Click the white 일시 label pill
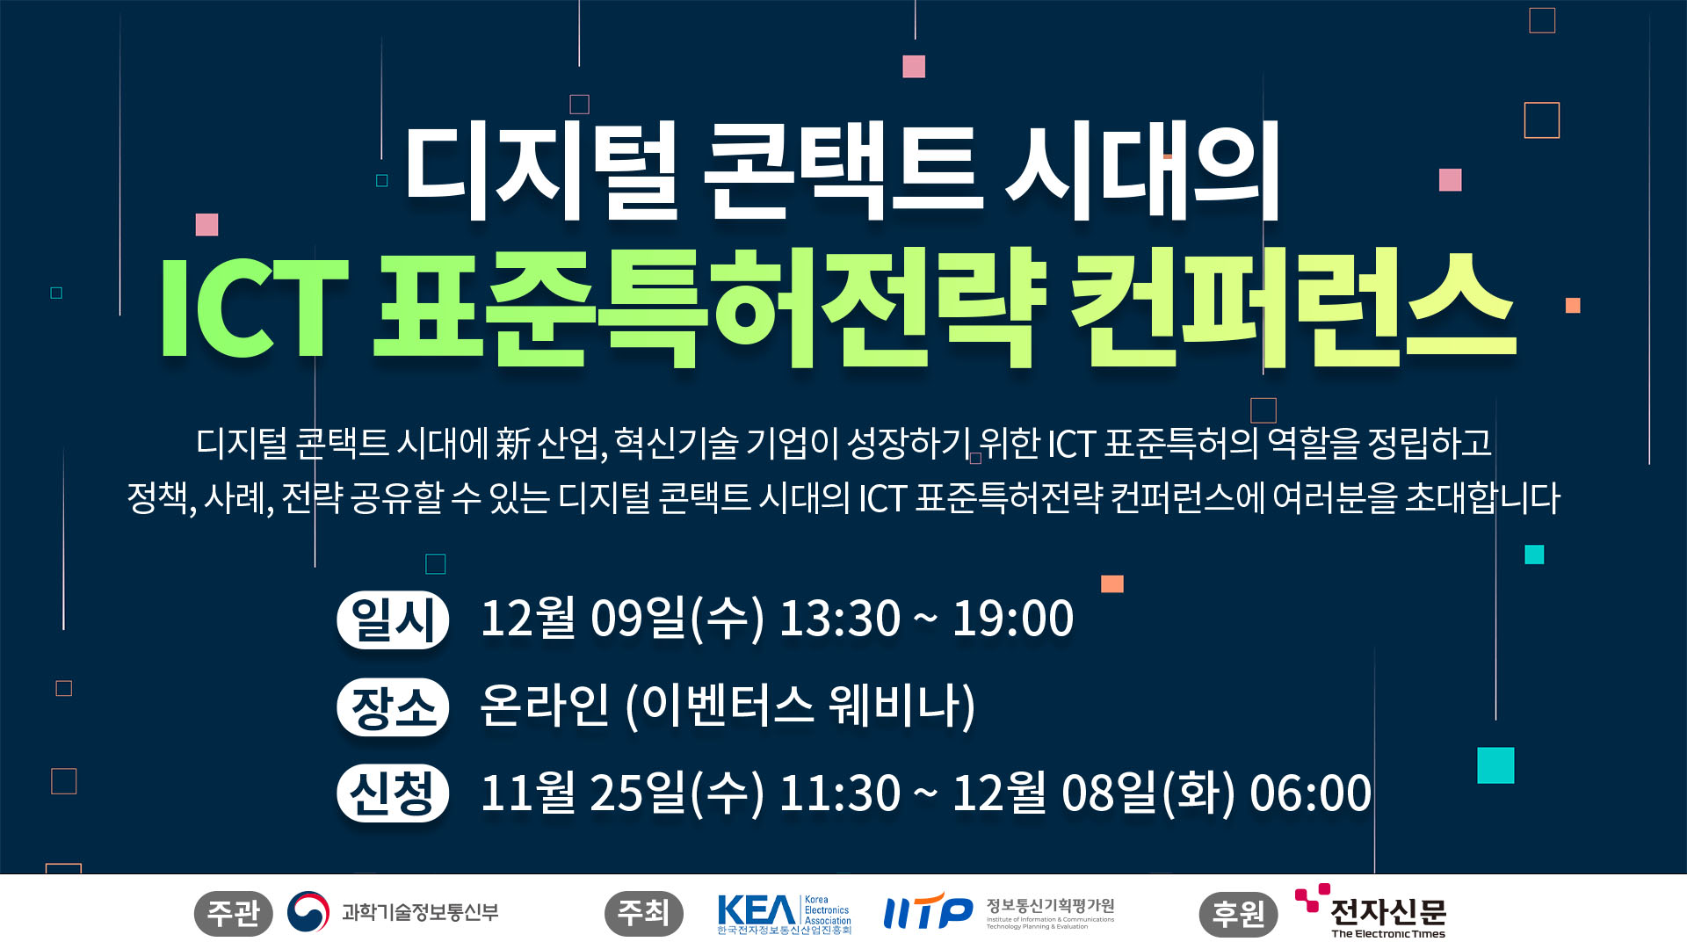[393, 619]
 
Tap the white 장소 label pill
[393, 706]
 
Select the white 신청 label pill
[393, 793]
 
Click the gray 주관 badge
[233, 913]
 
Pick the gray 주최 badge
[644, 913]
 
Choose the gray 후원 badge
[1238, 913]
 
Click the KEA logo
[784, 914]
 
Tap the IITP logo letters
[928, 911]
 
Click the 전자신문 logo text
[1388, 912]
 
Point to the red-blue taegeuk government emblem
[308, 913]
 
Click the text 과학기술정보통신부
[420, 913]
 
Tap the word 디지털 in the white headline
[541, 172]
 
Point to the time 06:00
[1310, 793]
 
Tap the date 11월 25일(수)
[622, 793]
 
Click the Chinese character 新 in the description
[512, 443]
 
